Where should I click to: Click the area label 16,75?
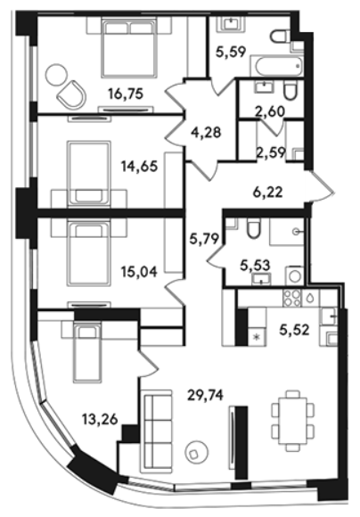[x=126, y=94]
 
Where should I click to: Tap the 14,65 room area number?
[x=139, y=166]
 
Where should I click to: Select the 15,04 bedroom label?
[x=139, y=272]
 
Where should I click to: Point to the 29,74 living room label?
[x=205, y=395]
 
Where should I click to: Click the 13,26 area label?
[x=100, y=420]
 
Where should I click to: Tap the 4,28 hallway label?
[x=206, y=133]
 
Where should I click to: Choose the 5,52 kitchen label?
[x=294, y=330]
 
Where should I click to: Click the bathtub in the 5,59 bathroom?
[x=277, y=66]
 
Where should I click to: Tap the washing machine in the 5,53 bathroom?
[x=295, y=275]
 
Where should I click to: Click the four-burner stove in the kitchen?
[x=292, y=298]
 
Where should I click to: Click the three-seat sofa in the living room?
[x=156, y=432]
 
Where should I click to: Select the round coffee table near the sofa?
[x=196, y=454]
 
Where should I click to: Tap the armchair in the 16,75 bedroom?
[x=71, y=94]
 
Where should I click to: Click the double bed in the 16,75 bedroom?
[x=129, y=48]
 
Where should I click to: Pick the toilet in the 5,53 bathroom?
[x=254, y=228]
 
